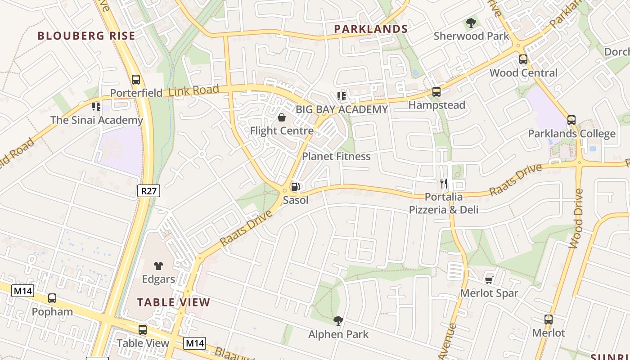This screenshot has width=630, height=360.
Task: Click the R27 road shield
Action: pyautogui.click(x=148, y=191)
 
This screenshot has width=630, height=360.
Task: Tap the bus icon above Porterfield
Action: pyautogui.click(x=136, y=80)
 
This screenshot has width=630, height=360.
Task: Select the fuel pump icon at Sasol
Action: pyautogui.click(x=296, y=186)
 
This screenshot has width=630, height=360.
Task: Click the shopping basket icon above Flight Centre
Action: pyautogui.click(x=282, y=118)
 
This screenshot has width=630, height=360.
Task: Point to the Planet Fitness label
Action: pyautogui.click(x=336, y=157)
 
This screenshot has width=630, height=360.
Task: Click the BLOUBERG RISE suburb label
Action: pyautogui.click(x=86, y=36)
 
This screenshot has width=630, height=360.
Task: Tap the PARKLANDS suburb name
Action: pyautogui.click(x=371, y=29)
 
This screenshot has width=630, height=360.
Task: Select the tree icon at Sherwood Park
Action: pyautogui.click(x=471, y=22)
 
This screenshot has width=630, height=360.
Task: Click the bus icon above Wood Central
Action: pyautogui.click(x=523, y=59)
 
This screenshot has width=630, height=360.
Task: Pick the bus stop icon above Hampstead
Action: pyautogui.click(x=436, y=92)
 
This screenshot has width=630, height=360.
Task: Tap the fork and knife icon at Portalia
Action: pyautogui.click(x=444, y=184)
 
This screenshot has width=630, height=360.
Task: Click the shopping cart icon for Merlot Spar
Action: pyautogui.click(x=489, y=280)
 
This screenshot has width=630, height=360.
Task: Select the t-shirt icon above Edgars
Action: pyautogui.click(x=158, y=266)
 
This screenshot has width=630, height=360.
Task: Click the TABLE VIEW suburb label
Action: pyautogui.click(x=174, y=302)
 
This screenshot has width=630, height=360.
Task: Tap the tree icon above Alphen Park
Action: pyautogui.click(x=338, y=321)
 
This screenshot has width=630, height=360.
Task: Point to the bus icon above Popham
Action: pyautogui.click(x=52, y=298)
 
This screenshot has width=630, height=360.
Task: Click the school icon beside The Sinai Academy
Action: pyautogui.click(x=96, y=107)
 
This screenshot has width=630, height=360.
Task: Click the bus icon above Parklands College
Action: pyautogui.click(x=571, y=120)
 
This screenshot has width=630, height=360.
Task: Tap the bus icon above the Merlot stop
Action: pyautogui.click(x=549, y=319)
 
